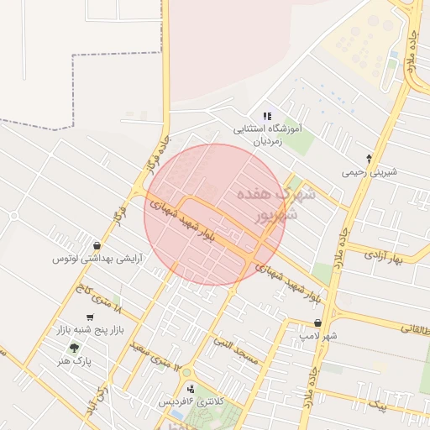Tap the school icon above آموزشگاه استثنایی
pyautogui.click(x=267, y=116)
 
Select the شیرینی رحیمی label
pyautogui.click(x=368, y=172)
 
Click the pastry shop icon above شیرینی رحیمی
pyautogui.click(x=368, y=159)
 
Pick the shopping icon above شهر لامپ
pyautogui.click(x=318, y=322)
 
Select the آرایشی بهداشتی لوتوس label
pyautogui.click(x=98, y=260)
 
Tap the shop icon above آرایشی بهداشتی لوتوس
pyautogui.click(x=98, y=246)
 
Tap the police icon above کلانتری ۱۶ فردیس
pyautogui.click(x=191, y=389)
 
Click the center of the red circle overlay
pyautogui.click(x=215, y=214)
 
